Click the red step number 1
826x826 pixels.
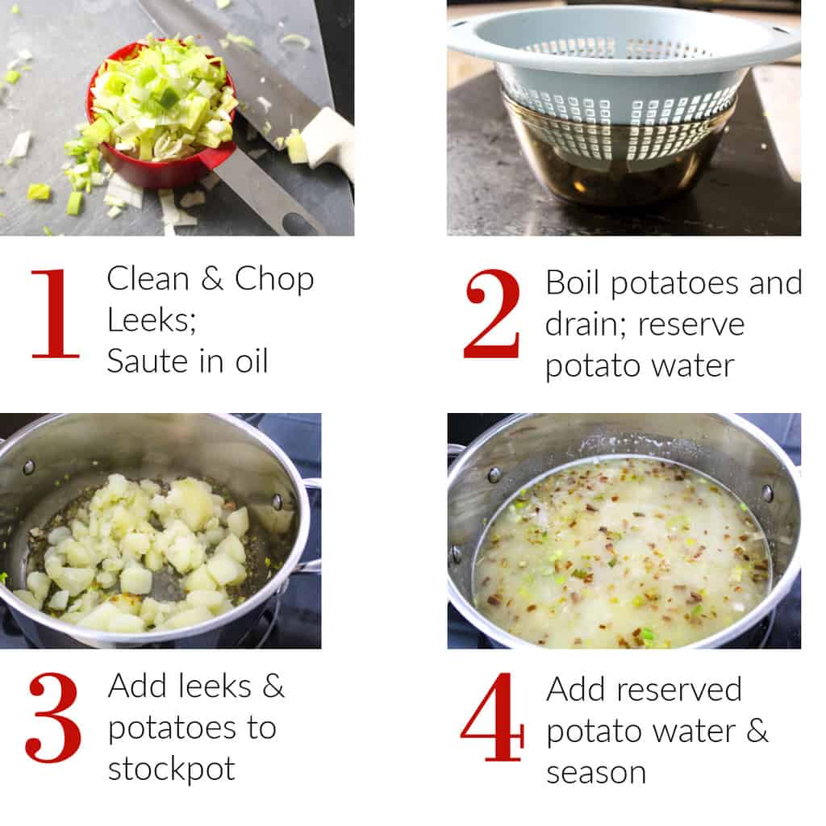click(x=56, y=314)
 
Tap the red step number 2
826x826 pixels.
click(x=492, y=314)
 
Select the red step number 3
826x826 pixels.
click(x=53, y=717)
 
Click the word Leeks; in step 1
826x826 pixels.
click(x=152, y=319)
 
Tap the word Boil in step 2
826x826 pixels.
click(x=572, y=282)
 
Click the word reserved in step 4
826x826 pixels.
click(x=679, y=689)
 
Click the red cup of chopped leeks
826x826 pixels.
click(x=161, y=113)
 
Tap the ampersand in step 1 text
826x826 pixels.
click(x=211, y=278)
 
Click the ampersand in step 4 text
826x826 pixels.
click(x=757, y=731)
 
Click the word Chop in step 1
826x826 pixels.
click(x=274, y=280)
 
